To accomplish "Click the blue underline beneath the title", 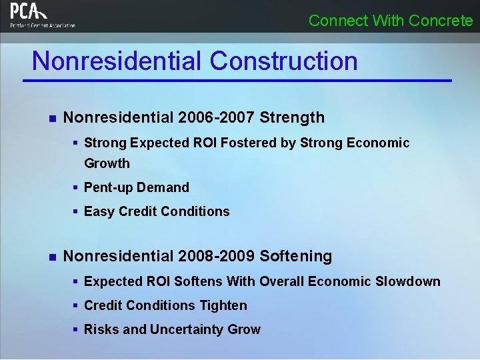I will tap(237, 81).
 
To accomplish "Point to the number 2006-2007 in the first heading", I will tap(217, 118).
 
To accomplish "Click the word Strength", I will tap(292, 118).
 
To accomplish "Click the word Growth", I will tap(107, 163).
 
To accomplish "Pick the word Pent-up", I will tap(108, 187).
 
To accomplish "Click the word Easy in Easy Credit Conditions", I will tap(99, 211).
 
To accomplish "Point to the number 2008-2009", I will tap(217, 256).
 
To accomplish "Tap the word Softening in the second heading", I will tap(295, 256).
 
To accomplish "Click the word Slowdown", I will tap(407, 281).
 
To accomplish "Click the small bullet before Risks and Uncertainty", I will tap(77, 329).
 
